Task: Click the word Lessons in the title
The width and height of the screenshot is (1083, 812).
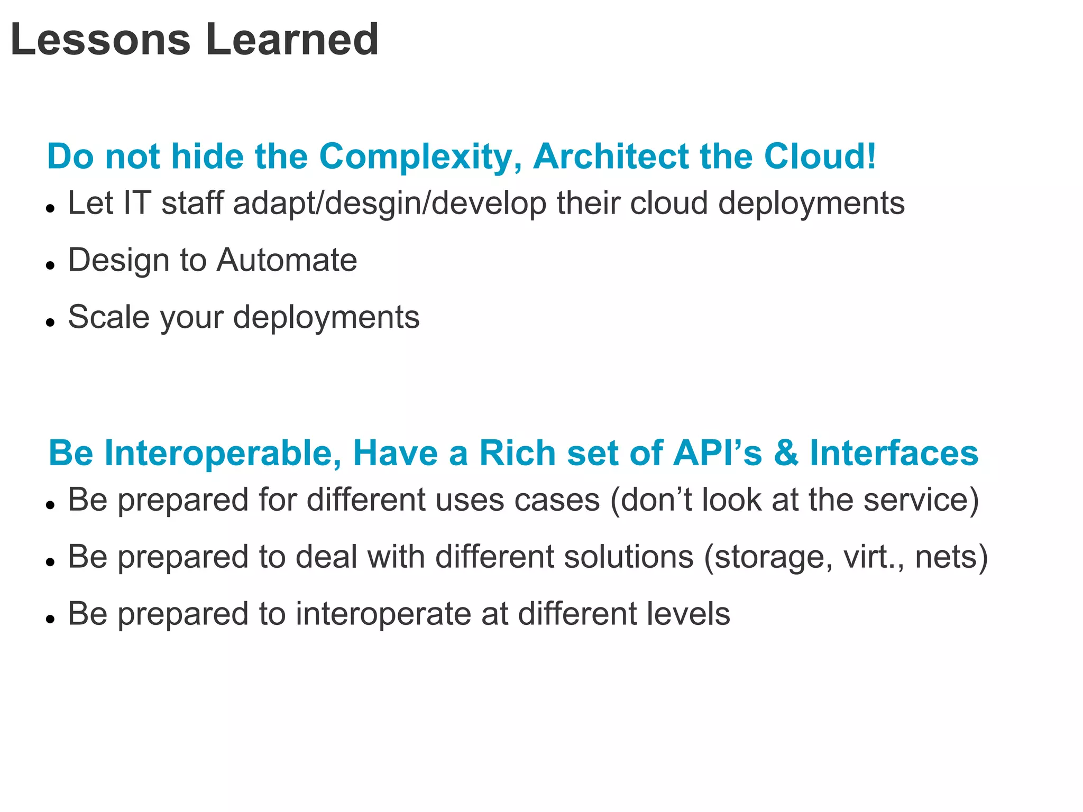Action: (100, 40)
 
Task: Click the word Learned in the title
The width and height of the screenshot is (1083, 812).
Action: (292, 40)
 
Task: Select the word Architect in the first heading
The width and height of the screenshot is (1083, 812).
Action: (610, 157)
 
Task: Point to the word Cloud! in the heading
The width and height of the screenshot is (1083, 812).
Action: (820, 157)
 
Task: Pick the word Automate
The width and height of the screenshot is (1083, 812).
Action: (287, 260)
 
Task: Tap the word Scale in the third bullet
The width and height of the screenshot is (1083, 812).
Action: (109, 317)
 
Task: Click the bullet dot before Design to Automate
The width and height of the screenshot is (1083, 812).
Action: (50, 265)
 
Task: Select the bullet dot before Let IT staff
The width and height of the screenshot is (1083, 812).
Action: (50, 208)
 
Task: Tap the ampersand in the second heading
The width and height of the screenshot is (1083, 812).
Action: (786, 454)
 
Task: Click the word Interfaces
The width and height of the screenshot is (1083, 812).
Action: (894, 454)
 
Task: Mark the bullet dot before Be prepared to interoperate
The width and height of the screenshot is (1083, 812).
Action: (50, 619)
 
